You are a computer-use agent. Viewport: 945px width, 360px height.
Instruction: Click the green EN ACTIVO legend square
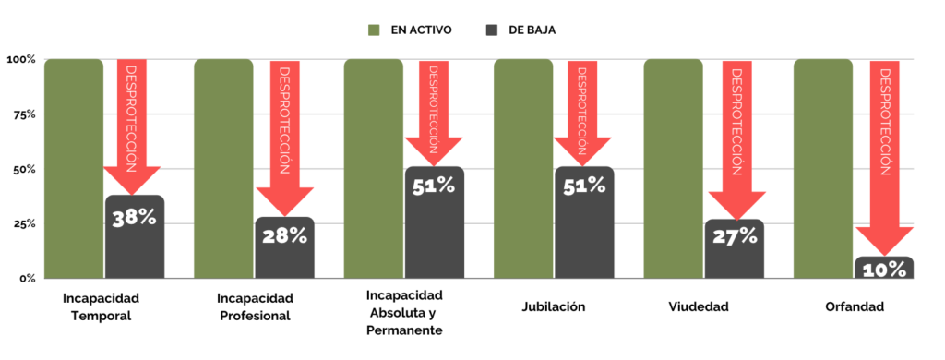374,30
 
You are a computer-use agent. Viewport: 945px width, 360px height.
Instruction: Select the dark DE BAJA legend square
491,30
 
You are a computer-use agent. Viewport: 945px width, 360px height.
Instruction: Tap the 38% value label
135,218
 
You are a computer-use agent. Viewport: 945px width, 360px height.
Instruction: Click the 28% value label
284,235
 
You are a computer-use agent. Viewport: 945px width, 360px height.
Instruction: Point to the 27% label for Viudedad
735,236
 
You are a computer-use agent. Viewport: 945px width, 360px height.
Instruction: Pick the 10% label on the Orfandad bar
884,270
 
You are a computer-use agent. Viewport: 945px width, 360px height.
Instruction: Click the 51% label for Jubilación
584,186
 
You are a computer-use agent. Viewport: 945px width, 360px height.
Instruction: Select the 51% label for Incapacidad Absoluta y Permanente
434,186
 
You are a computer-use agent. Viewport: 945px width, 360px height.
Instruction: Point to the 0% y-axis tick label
28,279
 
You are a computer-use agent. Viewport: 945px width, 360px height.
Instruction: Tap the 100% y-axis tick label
21,60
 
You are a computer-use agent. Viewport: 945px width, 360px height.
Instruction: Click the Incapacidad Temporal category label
101,307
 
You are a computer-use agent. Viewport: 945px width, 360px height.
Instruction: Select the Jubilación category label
554,306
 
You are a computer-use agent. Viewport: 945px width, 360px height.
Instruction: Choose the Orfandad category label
855,306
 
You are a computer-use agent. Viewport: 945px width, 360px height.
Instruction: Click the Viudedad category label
699,306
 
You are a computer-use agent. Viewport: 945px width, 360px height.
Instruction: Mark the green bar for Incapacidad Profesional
223,169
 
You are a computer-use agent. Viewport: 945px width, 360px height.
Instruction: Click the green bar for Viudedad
673,169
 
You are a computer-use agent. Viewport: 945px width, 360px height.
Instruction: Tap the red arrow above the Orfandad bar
885,157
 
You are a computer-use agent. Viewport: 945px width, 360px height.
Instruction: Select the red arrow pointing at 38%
132,126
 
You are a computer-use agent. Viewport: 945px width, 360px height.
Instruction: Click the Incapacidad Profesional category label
255,307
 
